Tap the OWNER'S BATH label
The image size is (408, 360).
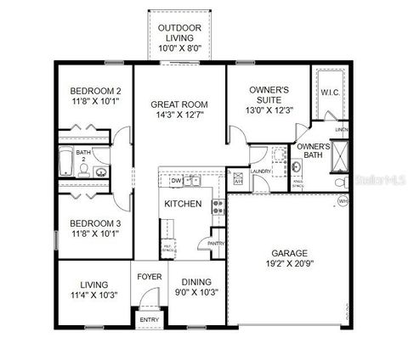point(313,150)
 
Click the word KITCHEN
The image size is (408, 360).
point(183,204)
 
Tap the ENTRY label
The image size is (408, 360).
point(149,320)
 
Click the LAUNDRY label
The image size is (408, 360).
point(261,171)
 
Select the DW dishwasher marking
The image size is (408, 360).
point(176,181)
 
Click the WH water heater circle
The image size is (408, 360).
point(343,200)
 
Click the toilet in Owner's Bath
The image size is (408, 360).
point(339,182)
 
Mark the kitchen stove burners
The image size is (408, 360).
point(218,206)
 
